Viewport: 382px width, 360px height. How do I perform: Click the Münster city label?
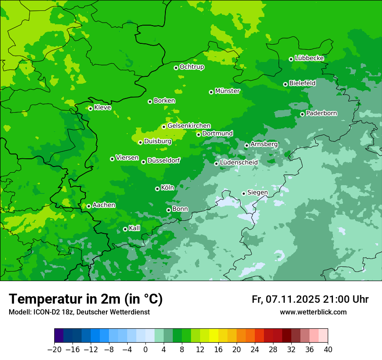[227, 91]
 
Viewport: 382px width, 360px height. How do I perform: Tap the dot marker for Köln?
[157, 189]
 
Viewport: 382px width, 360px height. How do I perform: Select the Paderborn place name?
[321, 113]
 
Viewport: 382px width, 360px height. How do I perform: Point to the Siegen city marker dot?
[244, 193]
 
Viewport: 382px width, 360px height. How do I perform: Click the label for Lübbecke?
[309, 58]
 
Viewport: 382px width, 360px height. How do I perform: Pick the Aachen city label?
[104, 205]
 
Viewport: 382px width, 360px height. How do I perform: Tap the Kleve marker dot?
[90, 108]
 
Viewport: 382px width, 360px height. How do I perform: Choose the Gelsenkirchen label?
[189, 126]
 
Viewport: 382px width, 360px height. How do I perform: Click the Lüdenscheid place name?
[239, 163]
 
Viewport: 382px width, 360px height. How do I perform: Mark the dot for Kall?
[125, 229]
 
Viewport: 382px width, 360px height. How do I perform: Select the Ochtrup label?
[191, 67]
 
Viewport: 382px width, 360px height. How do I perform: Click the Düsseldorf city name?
[163, 160]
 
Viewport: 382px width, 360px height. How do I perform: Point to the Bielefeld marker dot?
[285, 84]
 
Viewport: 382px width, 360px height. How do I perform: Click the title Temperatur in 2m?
[86, 299]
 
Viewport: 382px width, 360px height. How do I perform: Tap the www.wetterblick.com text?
[313, 312]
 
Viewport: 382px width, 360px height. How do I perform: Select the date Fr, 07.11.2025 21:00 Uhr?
[310, 299]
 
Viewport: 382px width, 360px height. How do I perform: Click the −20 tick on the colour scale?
[54, 350]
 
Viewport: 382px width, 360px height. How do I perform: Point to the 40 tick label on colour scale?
[328, 350]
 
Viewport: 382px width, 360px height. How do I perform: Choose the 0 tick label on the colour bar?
[145, 350]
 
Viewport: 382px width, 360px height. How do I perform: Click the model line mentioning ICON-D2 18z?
[79, 312]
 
